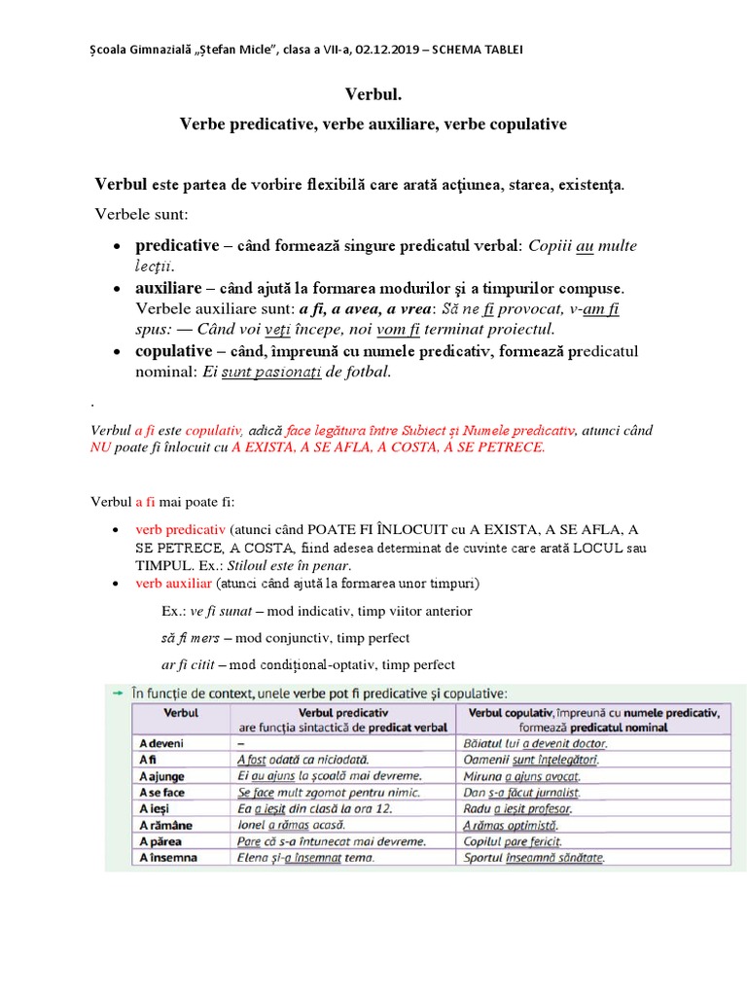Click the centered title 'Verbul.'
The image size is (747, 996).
pos(373,94)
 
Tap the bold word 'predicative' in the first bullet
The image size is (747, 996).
pos(177,246)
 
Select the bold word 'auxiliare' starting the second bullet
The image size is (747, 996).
pos(168,289)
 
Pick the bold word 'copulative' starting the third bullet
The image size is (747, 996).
pos(173,351)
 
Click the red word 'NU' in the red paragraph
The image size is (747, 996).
pos(100,448)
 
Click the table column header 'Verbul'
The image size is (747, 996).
pos(181,713)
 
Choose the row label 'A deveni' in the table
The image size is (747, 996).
pos(161,743)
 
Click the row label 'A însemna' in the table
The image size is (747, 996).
pos(168,858)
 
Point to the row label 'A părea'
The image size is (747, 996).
pos(161,841)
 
